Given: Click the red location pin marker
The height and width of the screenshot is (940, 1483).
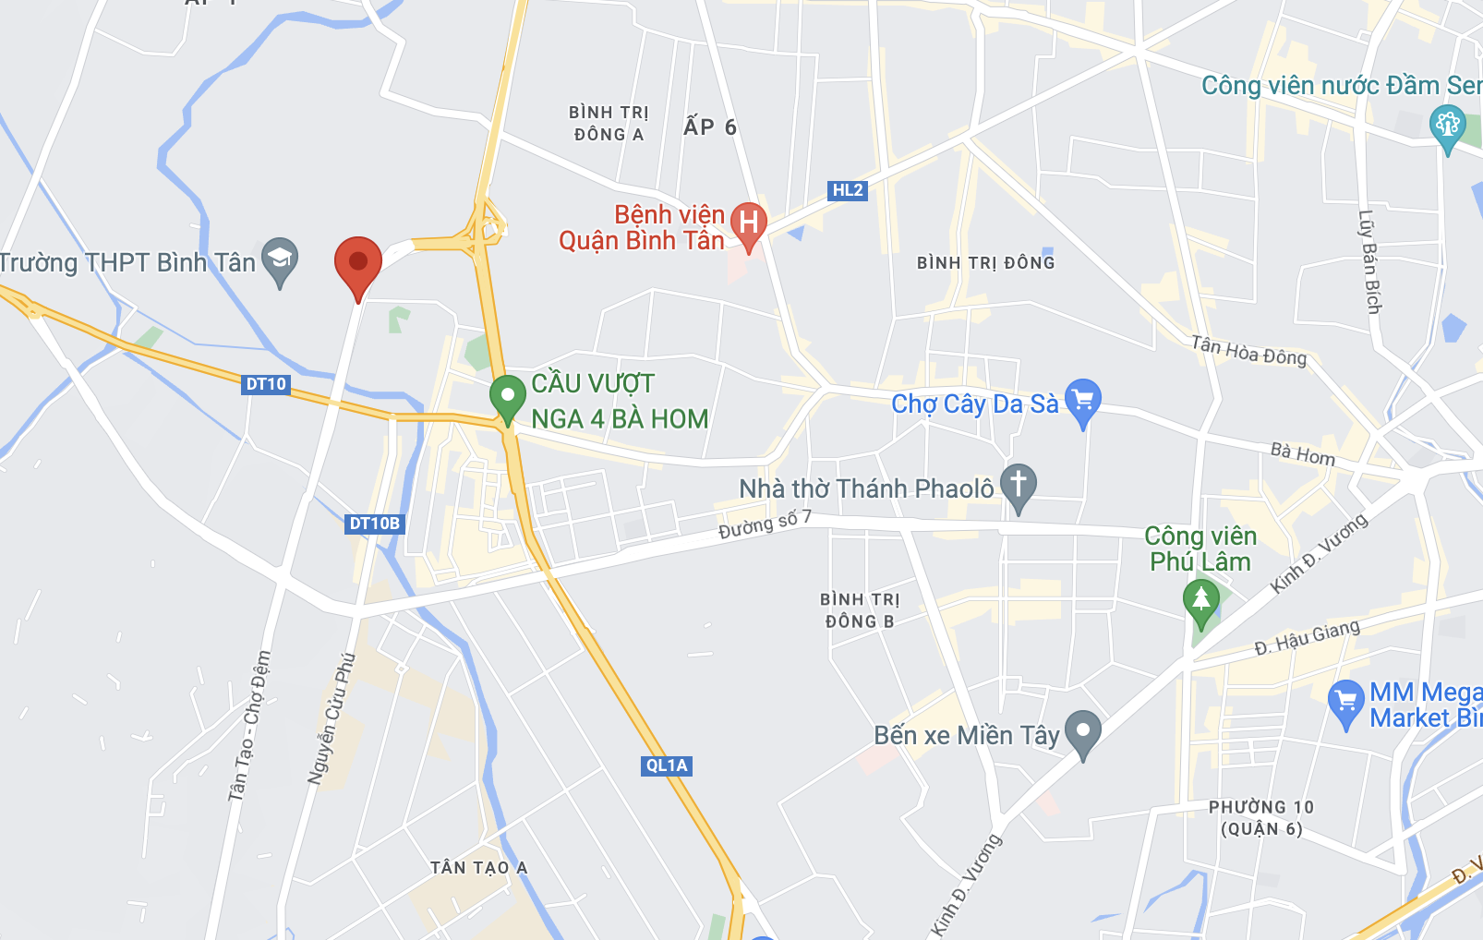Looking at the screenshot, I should (357, 264).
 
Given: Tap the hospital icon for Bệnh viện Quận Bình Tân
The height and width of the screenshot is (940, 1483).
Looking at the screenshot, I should (748, 223).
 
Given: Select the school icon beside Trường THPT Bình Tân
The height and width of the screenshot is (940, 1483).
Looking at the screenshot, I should (280, 259).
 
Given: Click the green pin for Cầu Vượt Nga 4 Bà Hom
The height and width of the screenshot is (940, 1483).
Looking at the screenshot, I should (507, 397).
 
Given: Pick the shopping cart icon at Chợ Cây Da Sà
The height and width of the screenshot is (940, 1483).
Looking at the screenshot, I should (1083, 400).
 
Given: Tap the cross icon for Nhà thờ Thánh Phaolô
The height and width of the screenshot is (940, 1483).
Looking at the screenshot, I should (1019, 484).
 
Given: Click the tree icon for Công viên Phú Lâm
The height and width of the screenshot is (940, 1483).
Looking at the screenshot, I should (1200, 598).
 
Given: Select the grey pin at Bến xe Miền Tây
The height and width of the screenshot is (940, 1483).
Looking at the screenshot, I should (1083, 731).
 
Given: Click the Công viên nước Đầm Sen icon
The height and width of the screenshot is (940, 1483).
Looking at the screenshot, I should (1447, 126).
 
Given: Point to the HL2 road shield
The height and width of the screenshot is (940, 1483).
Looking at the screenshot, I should (847, 190).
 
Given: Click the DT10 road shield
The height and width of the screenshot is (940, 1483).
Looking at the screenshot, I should (266, 384).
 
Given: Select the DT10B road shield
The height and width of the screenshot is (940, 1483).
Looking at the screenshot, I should (375, 524).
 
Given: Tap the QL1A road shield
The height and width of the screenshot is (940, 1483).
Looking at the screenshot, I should (667, 765).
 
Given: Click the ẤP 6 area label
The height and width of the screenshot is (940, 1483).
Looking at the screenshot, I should (710, 127).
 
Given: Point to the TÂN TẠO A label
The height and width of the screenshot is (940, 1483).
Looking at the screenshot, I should (478, 868).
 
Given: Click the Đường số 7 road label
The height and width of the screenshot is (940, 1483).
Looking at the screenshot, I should (765, 524).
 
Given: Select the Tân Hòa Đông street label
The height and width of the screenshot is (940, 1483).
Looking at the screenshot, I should (1248, 351).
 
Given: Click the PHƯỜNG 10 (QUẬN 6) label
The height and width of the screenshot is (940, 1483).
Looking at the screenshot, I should (1261, 818).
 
